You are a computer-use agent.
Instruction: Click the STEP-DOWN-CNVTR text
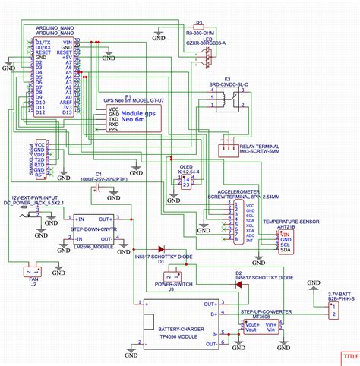[93, 227]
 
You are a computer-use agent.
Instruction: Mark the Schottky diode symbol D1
[160, 249]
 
